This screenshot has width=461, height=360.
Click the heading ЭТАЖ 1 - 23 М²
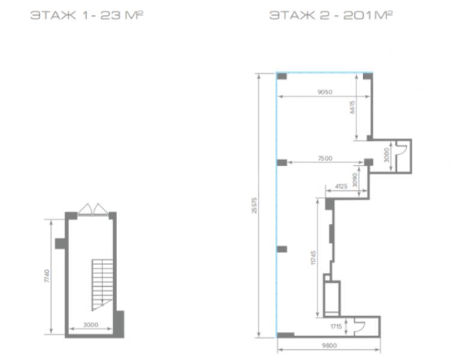point(86,15)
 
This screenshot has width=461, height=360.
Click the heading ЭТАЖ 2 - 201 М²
point(331,15)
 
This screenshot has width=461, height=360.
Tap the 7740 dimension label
point(47,276)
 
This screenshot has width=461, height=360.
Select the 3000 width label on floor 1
point(91,325)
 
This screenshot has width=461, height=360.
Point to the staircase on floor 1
point(102,284)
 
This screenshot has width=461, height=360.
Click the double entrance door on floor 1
point(93,209)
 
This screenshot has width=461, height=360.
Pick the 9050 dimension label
point(325,92)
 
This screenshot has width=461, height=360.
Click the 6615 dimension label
point(352,107)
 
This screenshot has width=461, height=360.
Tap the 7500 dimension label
point(325,158)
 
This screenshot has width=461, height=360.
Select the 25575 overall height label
point(255,205)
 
